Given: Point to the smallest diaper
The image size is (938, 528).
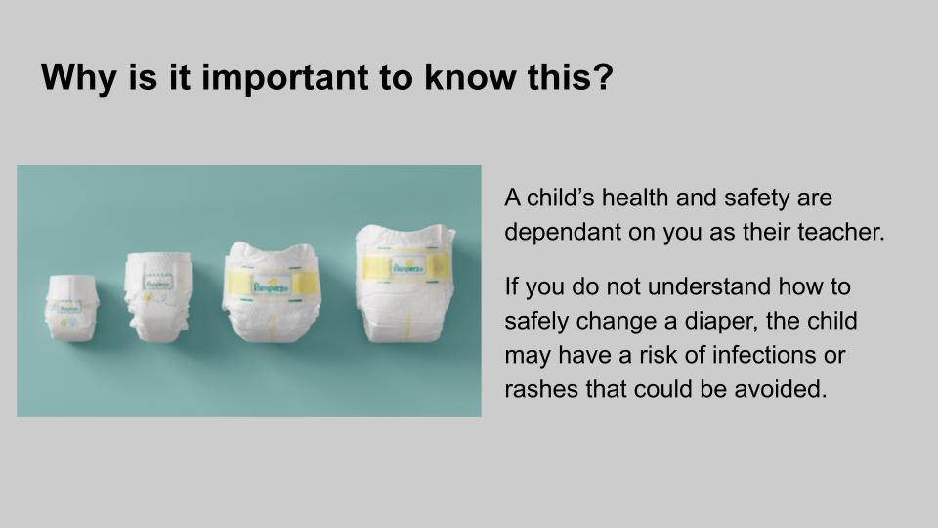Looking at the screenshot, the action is click(x=71, y=309).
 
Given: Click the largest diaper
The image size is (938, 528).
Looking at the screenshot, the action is click(x=405, y=284).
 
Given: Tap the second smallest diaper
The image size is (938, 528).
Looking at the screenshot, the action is click(x=158, y=297).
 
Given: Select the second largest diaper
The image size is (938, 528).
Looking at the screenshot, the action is click(x=272, y=292).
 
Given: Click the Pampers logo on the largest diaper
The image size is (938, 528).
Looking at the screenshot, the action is click(x=408, y=268).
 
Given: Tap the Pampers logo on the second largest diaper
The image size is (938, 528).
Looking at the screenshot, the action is click(x=271, y=286).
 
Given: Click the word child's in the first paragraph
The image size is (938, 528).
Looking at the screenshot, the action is click(x=561, y=198).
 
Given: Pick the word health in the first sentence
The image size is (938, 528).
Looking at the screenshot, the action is click(x=635, y=198).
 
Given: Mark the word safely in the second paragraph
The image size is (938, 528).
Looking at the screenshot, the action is click(x=536, y=322).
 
